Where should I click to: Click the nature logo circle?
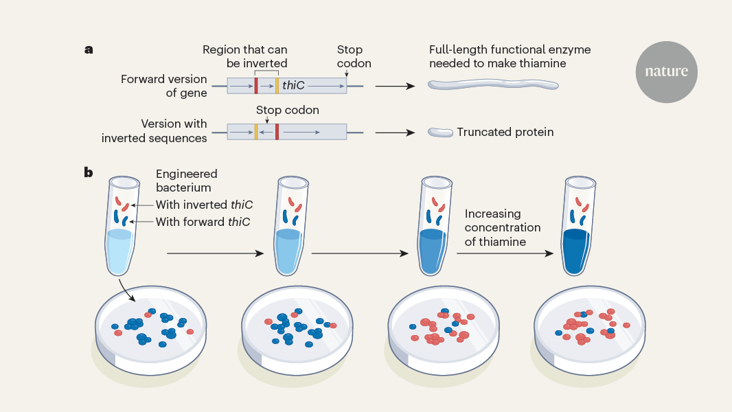666,71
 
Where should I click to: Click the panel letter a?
89,49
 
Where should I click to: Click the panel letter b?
89,172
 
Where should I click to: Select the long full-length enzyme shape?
492,85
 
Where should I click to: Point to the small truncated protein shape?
440,132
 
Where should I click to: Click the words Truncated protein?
505,132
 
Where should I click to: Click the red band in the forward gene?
256,86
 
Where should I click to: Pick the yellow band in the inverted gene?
256,132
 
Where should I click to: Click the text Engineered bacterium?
186,181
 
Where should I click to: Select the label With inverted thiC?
204,205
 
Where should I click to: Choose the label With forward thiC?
203,222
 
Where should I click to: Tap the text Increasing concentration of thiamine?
503,228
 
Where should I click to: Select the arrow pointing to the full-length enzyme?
395,87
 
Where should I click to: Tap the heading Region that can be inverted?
245,56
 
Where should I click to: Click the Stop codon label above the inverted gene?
287,110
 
